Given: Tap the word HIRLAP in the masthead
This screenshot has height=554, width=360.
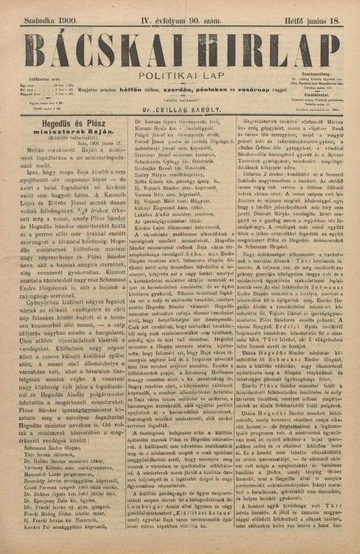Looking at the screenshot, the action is pos(270,47).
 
